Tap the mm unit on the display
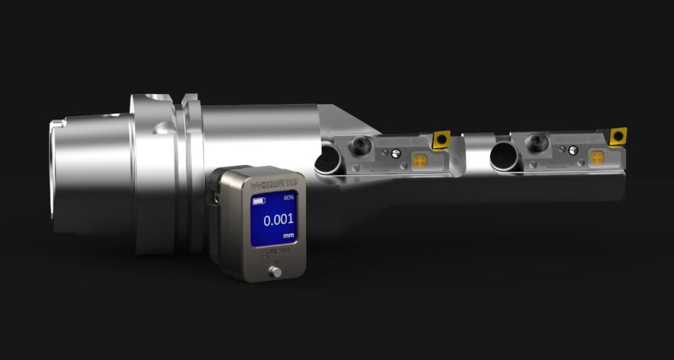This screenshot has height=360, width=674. [x=288, y=235]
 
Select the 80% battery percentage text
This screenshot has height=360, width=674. [x=289, y=198]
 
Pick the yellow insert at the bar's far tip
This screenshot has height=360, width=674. [x=618, y=137]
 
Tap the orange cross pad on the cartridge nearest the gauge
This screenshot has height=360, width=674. [x=419, y=160]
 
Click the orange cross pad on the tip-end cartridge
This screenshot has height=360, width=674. [x=597, y=158]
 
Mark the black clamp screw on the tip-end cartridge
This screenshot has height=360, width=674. [x=538, y=141]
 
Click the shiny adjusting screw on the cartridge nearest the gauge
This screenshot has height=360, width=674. [x=396, y=153]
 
